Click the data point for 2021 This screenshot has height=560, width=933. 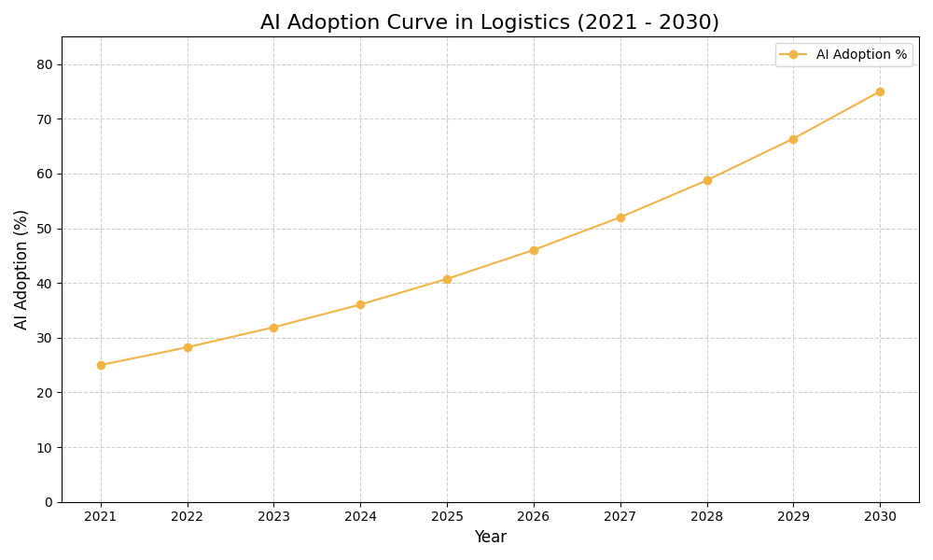(x=101, y=365)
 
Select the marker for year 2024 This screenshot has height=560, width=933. (x=360, y=304)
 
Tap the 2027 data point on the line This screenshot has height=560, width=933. (x=620, y=217)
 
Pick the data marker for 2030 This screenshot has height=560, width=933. (x=880, y=91)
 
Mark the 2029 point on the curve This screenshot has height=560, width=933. (x=793, y=139)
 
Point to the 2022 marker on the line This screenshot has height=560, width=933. (x=188, y=347)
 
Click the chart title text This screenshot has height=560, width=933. (x=490, y=22)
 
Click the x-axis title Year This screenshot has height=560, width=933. (x=490, y=538)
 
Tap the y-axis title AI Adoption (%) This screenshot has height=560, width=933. (x=21, y=269)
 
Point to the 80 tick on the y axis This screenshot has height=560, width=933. (x=45, y=64)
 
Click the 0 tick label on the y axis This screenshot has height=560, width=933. (x=49, y=502)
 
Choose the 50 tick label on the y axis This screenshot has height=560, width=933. (x=45, y=229)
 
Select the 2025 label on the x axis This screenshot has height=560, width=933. (x=447, y=517)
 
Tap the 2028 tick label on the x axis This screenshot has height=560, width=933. (x=707, y=517)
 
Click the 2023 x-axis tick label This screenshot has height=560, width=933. (x=273, y=517)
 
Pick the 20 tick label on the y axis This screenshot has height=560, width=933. (x=45, y=393)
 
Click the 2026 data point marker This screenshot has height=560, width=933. (x=534, y=250)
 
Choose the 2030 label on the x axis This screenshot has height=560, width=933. (x=880, y=517)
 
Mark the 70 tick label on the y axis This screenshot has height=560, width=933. (x=45, y=119)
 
